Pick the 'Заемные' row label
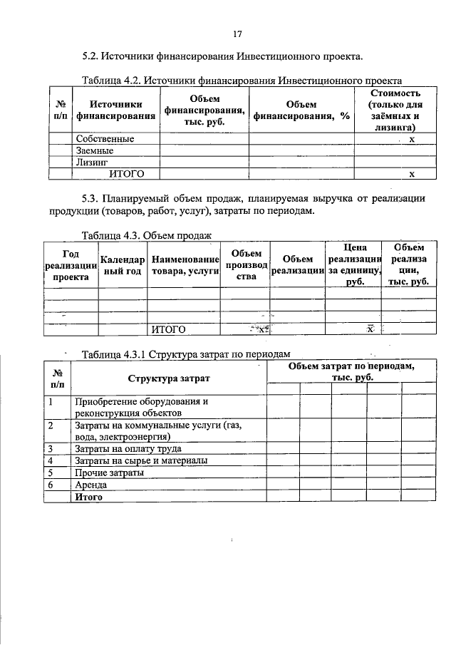[x=95, y=151]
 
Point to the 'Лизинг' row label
[x=92, y=162]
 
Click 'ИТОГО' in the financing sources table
[x=126, y=173]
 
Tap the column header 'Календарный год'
[x=123, y=267]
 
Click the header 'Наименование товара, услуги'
[x=184, y=267]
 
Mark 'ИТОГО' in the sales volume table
[x=169, y=329]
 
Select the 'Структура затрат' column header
[x=168, y=378]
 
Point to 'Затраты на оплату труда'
[x=128, y=449]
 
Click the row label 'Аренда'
[x=91, y=484]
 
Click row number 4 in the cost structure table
[x=51, y=461]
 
